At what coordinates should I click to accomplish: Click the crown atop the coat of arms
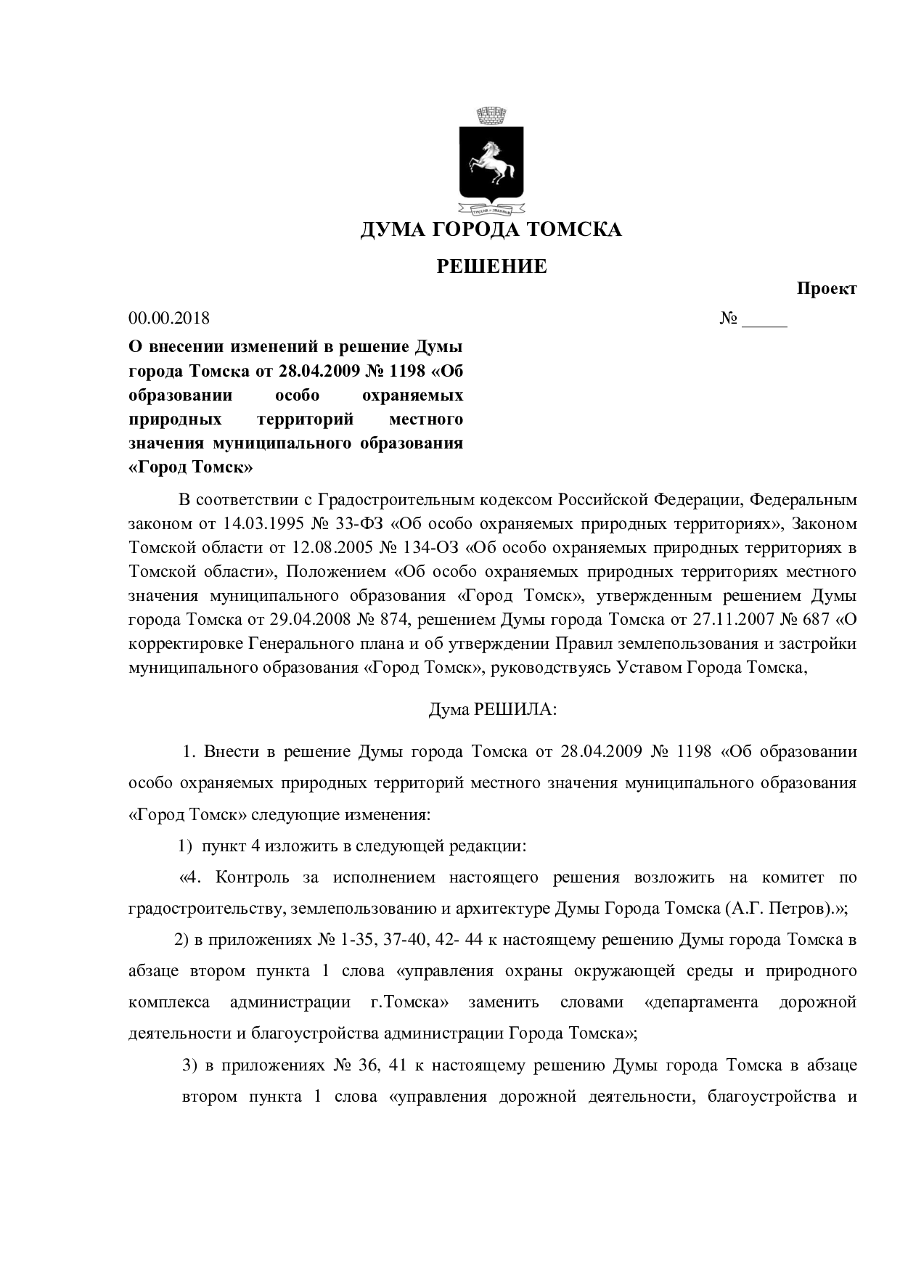point(492,115)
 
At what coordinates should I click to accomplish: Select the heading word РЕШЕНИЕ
point(491,266)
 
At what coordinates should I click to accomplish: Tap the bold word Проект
point(827,288)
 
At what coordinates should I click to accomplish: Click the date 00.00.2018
point(169,318)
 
